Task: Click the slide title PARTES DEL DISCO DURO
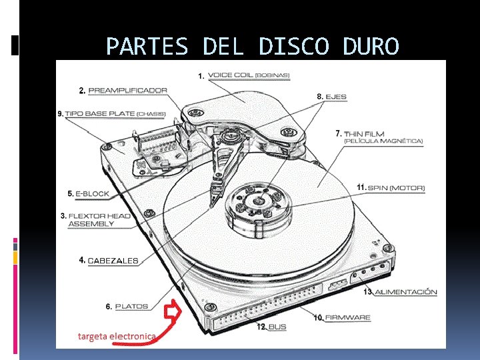pos(253,46)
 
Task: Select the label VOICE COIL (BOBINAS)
pos(249,75)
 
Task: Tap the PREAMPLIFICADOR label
pos(127,90)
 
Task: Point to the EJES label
pos(336,97)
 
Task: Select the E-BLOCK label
pos(91,194)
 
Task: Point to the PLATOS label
pos(131,307)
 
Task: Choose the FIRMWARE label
pos(347,317)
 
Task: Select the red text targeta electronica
pos(117,337)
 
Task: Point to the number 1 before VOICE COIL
pos(201,77)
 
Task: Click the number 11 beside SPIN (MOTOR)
pos(361,188)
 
